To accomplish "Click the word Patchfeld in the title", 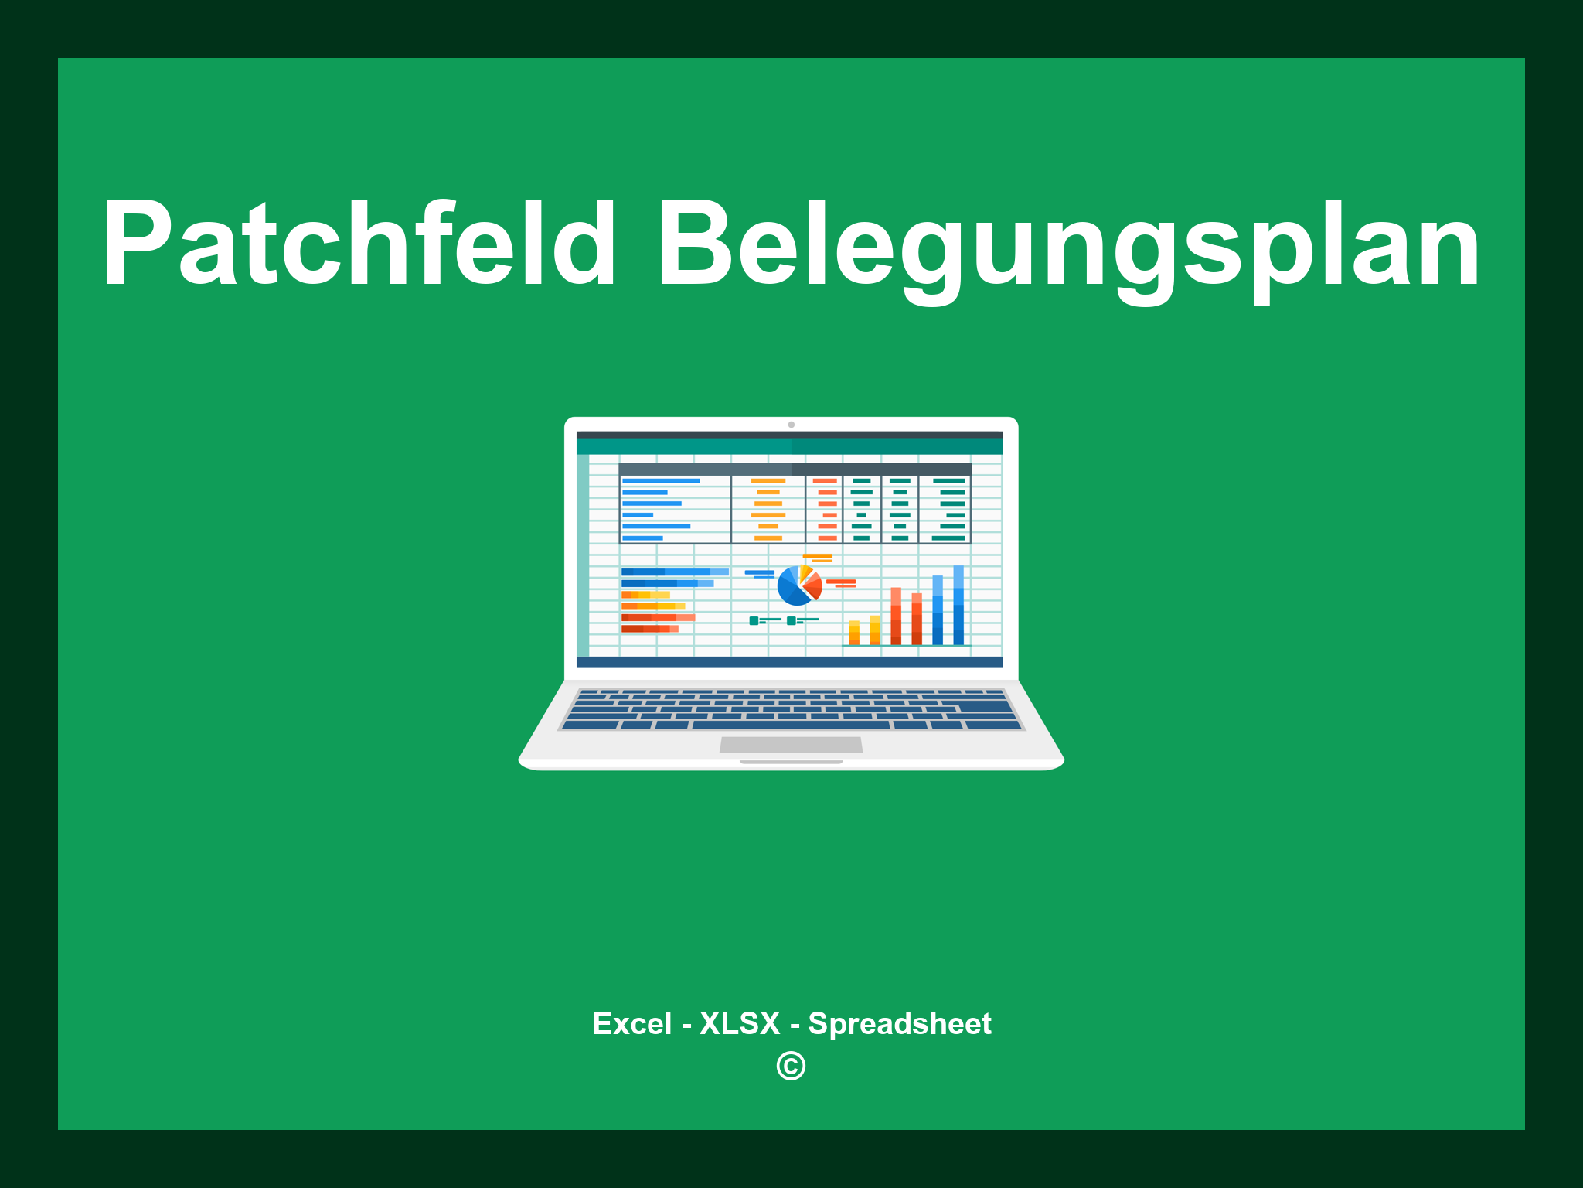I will pos(359,244).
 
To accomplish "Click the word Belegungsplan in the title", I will pos(1067,244).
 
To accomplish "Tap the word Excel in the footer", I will pos(631,1023).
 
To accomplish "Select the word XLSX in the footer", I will pos(740,1023).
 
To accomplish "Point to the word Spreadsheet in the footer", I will pos(899,1023).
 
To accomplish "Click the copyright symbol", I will pos(791,1067).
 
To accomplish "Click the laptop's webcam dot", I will pos(791,425).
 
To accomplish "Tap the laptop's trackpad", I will pos(791,744).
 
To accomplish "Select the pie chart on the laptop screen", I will pos(798,586).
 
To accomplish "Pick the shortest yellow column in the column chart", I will pos(854,632).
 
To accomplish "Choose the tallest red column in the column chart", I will pos(896,616).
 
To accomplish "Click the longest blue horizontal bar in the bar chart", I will pos(674,572).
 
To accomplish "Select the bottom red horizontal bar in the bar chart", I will pos(649,629).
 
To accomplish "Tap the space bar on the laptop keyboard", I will pos(791,725).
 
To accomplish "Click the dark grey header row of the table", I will pos(795,469).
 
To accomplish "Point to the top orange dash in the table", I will pos(768,481).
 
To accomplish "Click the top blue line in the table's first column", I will pos(661,481).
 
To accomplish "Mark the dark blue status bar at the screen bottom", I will pos(789,662).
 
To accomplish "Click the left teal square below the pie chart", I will pos(754,620).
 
